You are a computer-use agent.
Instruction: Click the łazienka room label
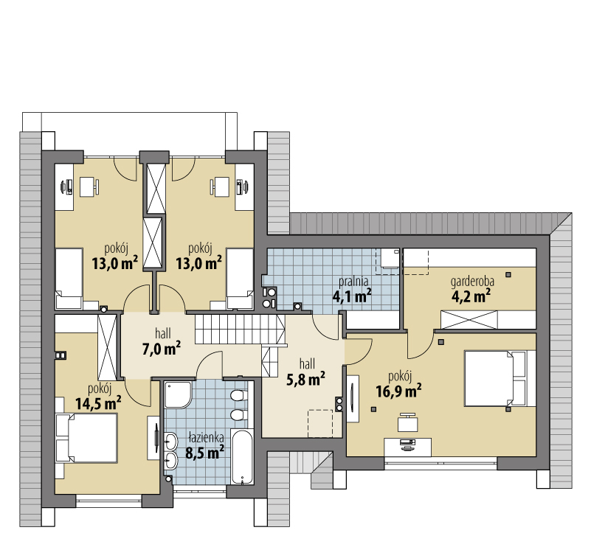206,438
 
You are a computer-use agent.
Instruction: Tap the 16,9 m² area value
398,391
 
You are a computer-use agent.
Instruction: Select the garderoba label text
472,281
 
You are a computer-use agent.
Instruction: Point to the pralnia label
353,281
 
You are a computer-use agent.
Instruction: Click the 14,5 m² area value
98,403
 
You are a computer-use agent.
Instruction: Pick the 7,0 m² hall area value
161,348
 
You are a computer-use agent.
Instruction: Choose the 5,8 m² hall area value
305,379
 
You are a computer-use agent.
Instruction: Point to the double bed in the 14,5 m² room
86,438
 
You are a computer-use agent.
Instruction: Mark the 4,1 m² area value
352,295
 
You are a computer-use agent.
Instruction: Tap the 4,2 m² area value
471,296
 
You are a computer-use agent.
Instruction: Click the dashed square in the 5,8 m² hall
320,424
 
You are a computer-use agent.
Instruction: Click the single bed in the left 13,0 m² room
69,278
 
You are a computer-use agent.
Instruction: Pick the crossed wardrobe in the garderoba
469,320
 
